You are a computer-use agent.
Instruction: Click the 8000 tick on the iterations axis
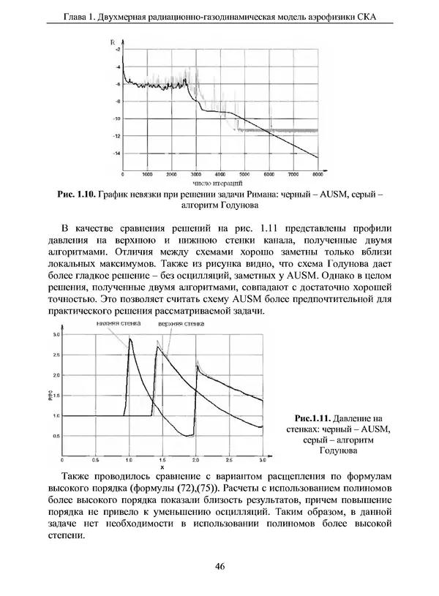[318, 176]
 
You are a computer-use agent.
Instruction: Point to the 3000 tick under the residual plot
[195, 176]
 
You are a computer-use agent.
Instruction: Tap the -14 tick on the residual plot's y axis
[117, 154]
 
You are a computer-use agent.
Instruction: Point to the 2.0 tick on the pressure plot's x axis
[195, 460]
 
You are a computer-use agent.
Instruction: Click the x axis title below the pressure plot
[162, 467]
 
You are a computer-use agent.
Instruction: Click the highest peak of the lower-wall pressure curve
[130, 339]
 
